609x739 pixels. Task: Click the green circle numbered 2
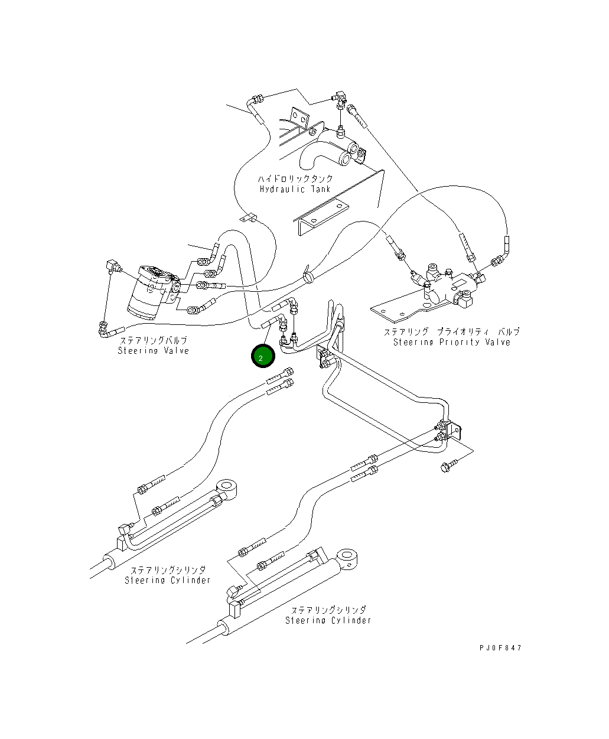(263, 356)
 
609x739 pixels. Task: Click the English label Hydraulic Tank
(295, 190)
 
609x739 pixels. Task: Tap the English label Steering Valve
(153, 350)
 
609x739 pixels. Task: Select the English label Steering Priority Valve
(452, 342)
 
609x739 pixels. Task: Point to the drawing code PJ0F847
(500, 647)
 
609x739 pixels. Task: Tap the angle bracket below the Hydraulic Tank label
(320, 217)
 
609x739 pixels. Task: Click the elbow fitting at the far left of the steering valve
(113, 265)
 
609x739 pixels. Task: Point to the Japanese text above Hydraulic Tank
(295, 178)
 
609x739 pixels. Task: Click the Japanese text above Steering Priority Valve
(452, 331)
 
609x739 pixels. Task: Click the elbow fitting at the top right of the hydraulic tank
(340, 97)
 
